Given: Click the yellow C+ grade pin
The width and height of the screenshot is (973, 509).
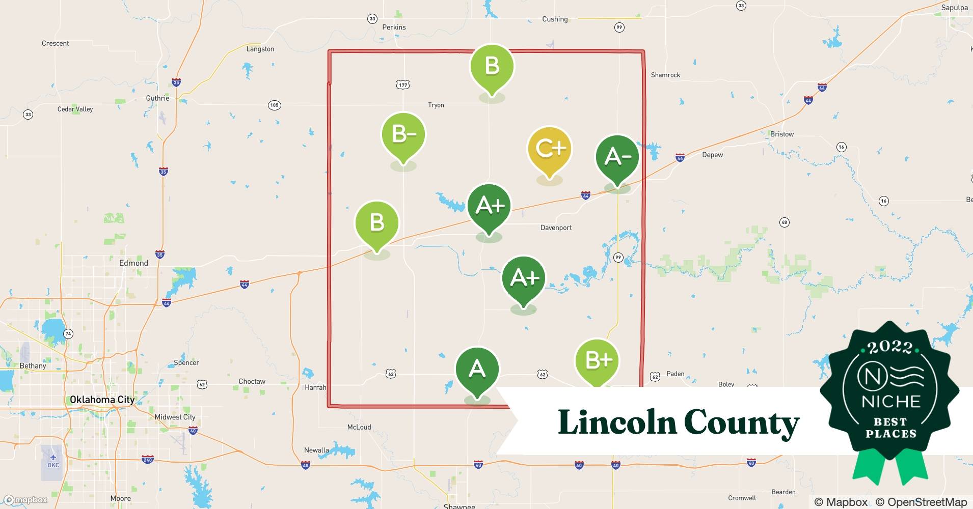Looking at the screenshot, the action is (549, 149).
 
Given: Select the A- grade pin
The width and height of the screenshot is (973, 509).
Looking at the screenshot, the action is (617, 157).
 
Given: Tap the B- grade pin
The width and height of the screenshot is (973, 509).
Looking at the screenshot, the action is (403, 135).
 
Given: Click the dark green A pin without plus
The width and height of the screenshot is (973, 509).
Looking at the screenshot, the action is (477, 369).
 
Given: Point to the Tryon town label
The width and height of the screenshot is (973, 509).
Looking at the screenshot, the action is (436, 105).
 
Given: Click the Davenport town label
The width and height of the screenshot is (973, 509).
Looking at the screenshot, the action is (556, 228).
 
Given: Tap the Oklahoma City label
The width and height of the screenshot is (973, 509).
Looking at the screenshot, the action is (102, 400).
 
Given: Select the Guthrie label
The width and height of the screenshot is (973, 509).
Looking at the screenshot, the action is (157, 98).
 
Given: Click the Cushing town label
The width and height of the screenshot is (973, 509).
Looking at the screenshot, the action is (555, 19).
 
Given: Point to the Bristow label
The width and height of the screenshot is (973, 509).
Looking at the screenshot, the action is (782, 134).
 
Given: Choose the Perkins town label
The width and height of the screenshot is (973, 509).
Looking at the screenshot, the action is (394, 27).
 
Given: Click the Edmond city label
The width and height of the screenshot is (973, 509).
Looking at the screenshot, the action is (133, 263).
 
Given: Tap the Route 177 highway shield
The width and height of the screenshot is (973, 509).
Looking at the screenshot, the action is (403, 85).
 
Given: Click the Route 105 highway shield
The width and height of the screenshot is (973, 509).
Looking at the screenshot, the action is (275, 105).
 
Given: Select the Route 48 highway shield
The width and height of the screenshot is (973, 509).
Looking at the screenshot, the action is (785, 222).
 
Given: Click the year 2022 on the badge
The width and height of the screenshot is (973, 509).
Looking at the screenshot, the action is (890, 347).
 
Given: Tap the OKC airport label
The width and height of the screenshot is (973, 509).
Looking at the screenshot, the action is (53, 465).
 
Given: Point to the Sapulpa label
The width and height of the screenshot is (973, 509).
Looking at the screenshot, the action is (954, 8).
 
